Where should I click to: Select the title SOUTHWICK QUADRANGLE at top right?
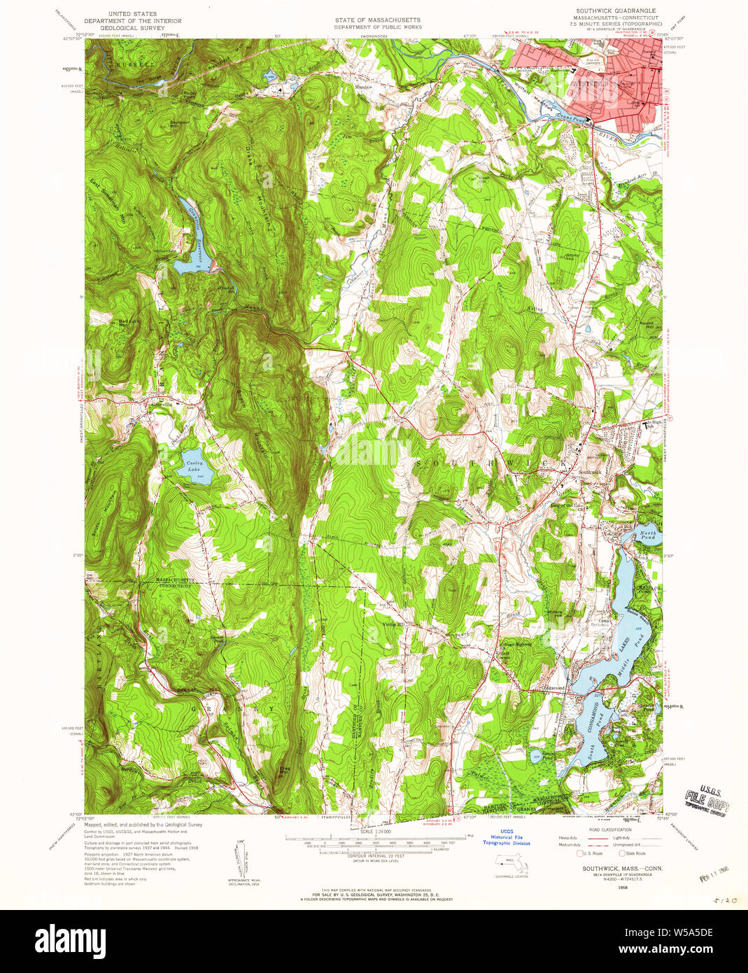click(616, 11)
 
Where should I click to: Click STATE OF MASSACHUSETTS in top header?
click(377, 20)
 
